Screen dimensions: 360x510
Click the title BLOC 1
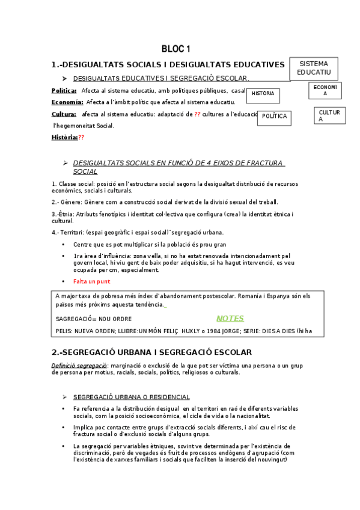175,49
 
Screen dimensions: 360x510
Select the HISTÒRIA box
263,94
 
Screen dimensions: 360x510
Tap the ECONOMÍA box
325,90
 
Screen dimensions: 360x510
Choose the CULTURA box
329,115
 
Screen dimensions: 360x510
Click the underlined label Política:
64,90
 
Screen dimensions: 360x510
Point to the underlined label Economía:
67,102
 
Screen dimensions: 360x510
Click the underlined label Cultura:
64,114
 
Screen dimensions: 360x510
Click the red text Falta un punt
92,281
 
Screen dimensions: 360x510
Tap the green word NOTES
230,319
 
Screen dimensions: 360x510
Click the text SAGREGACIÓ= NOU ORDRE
94,319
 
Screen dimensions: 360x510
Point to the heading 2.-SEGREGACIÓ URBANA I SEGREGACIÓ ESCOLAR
151,352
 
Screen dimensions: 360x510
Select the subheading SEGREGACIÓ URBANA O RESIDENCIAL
132,397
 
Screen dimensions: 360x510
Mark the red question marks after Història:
82,138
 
